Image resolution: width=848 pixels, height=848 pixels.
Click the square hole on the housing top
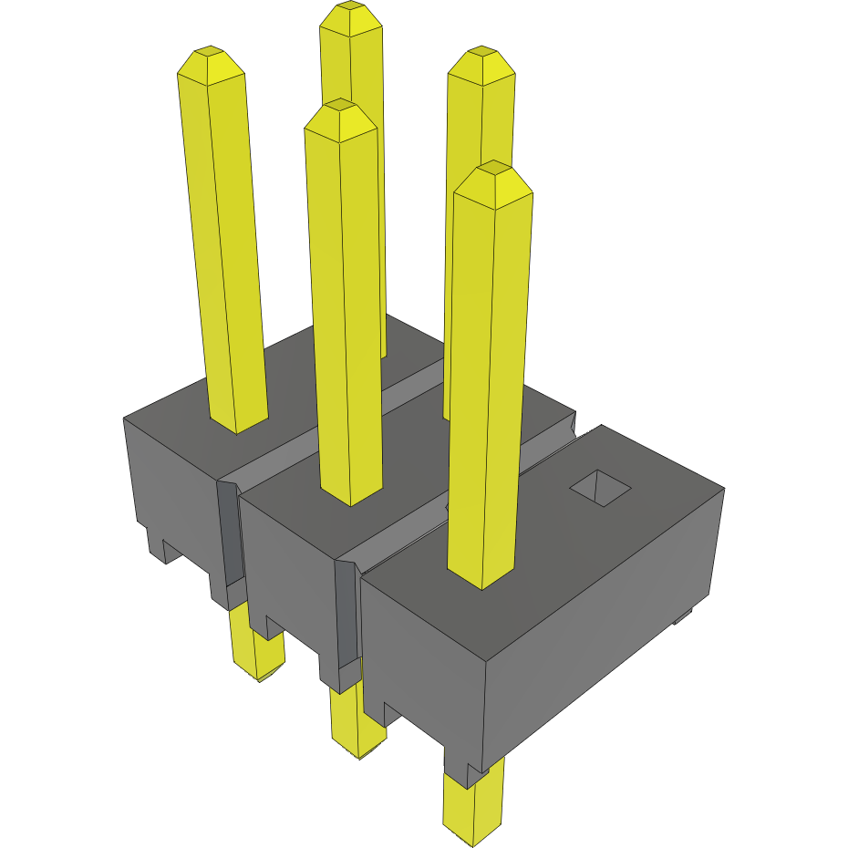pyautogui.click(x=600, y=488)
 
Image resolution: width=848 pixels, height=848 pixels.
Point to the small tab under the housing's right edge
pyautogui.click(x=682, y=619)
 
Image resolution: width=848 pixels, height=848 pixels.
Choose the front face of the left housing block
pyautogui.click(x=173, y=483)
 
